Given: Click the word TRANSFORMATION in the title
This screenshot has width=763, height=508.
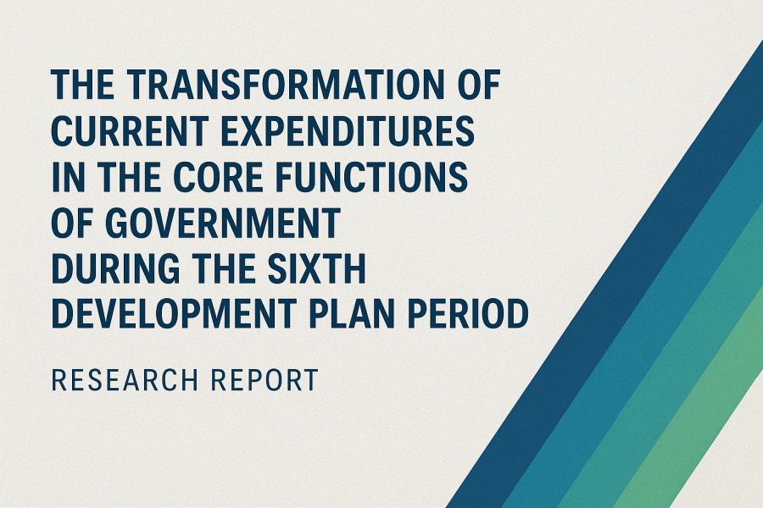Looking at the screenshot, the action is pyautogui.click(x=287, y=85).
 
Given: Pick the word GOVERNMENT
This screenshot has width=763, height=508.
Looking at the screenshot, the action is pyautogui.click(x=222, y=224).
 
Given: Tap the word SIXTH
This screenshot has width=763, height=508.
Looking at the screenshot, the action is pyautogui.click(x=316, y=269).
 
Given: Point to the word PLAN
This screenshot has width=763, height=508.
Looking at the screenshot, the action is pyautogui.click(x=351, y=314).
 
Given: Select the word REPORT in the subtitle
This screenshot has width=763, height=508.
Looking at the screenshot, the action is pyautogui.click(x=265, y=380).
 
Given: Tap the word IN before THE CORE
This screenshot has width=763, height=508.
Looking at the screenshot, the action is pyautogui.click(x=68, y=177).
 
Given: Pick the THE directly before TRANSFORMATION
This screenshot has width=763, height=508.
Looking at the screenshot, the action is pyautogui.click(x=83, y=85).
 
